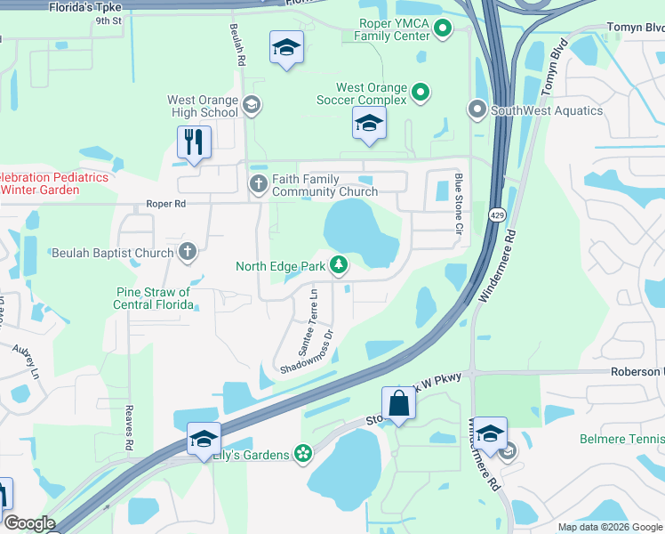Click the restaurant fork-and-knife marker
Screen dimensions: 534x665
193,142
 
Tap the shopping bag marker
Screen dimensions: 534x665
399,403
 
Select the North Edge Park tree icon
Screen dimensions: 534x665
338,264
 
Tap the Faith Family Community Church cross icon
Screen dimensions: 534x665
258,185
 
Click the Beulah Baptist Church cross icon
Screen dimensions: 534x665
187,253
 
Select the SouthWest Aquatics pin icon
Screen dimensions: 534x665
477,111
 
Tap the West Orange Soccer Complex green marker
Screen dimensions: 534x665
421,92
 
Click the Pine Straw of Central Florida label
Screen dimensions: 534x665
153,298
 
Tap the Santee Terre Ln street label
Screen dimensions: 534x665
313,310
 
